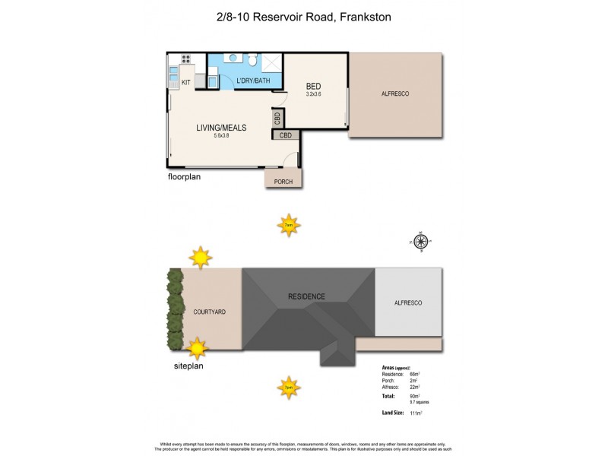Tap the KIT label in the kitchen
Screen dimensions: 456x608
pos(185,81)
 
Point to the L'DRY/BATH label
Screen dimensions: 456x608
pos(253,81)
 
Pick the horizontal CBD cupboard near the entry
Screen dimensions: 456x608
pos(286,135)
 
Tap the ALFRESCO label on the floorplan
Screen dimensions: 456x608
pos(395,93)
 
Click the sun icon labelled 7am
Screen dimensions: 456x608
pos(288,225)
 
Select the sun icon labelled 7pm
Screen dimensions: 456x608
pos(288,387)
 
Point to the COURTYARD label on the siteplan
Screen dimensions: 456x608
pos(209,312)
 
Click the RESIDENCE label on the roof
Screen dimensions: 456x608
pos(306,296)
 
